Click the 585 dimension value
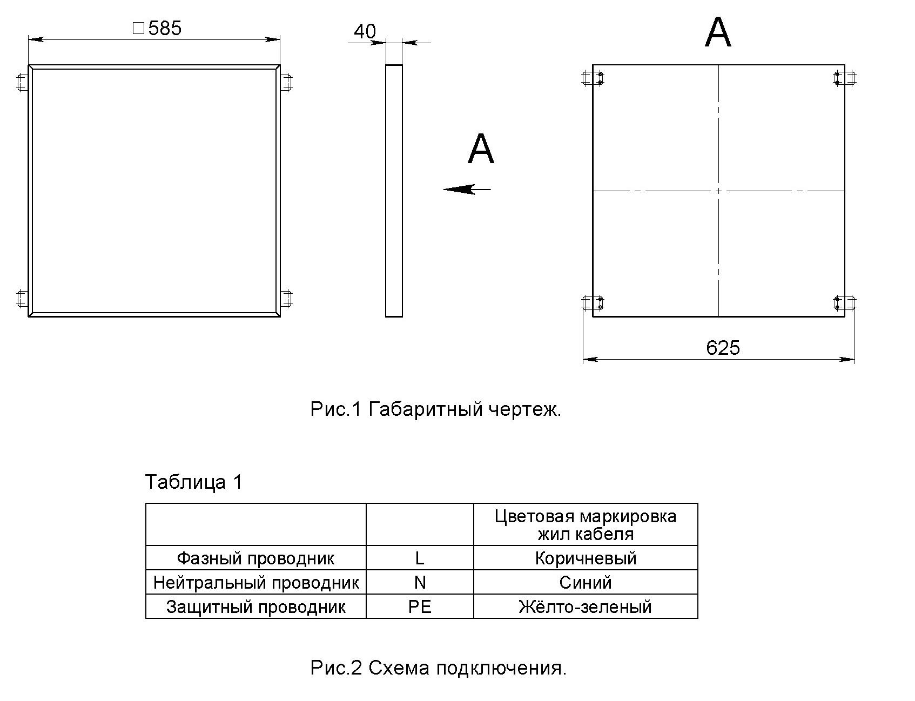(165, 28)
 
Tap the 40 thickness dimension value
(365, 32)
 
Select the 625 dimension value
(723, 348)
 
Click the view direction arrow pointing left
(467, 189)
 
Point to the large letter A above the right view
(718, 32)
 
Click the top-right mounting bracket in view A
(845, 78)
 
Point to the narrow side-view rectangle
(394, 191)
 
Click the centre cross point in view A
(718, 191)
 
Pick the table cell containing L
(420, 558)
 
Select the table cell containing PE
(420, 606)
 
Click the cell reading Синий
(586, 582)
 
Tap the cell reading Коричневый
(586, 558)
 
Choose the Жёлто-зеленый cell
(586, 606)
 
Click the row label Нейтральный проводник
(256, 582)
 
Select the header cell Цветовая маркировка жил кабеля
(586, 525)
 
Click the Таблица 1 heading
(194, 482)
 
